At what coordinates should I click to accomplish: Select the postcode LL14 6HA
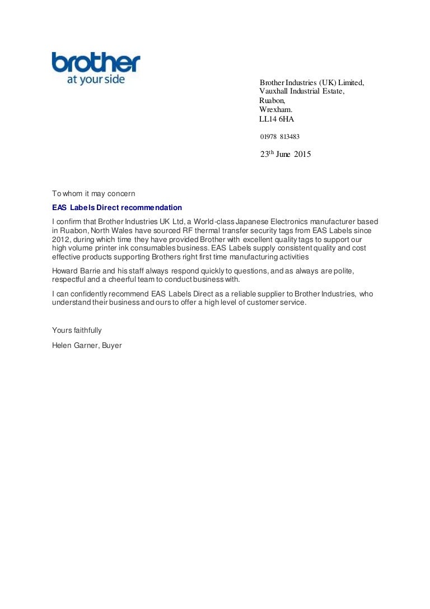coord(276,119)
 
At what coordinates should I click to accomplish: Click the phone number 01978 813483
coord(279,137)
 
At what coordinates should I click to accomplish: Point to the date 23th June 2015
coord(285,155)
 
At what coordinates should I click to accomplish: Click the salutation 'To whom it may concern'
coord(94,194)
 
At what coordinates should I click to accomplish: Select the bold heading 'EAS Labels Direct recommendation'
coord(117,208)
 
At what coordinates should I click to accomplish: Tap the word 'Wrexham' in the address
coord(275,110)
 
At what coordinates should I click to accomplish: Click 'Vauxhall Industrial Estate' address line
coord(301,91)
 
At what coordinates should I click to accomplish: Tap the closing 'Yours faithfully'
coord(77,331)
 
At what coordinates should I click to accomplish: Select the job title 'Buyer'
coord(112,346)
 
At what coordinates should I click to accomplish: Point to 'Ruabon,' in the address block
coord(272,101)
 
